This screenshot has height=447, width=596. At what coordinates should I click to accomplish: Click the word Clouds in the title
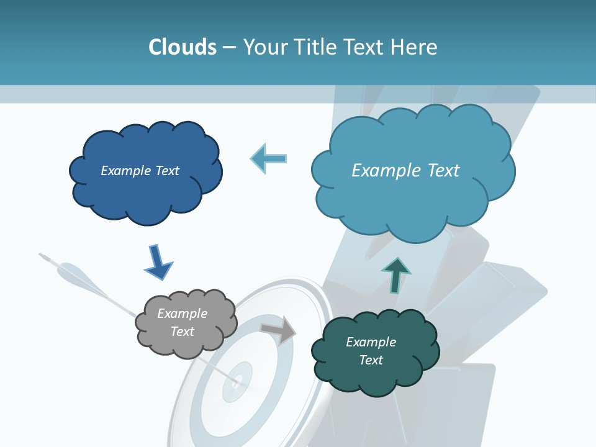pyautogui.click(x=182, y=47)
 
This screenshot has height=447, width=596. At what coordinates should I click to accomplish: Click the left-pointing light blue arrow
pyautogui.click(x=269, y=158)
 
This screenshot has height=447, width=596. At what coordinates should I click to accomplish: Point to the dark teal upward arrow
pyautogui.click(x=396, y=276)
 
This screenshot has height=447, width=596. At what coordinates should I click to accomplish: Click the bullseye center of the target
pyautogui.click(x=237, y=379)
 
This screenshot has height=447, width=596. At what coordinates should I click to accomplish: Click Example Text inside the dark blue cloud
pyautogui.click(x=140, y=171)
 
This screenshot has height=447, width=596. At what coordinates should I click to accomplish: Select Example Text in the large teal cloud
pyautogui.click(x=405, y=171)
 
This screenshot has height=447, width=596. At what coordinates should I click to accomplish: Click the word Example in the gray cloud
pyautogui.click(x=182, y=314)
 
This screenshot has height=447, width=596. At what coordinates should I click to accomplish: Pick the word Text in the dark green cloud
pyautogui.click(x=371, y=360)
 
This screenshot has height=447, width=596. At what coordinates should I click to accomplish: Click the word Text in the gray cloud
pyautogui.click(x=182, y=332)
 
